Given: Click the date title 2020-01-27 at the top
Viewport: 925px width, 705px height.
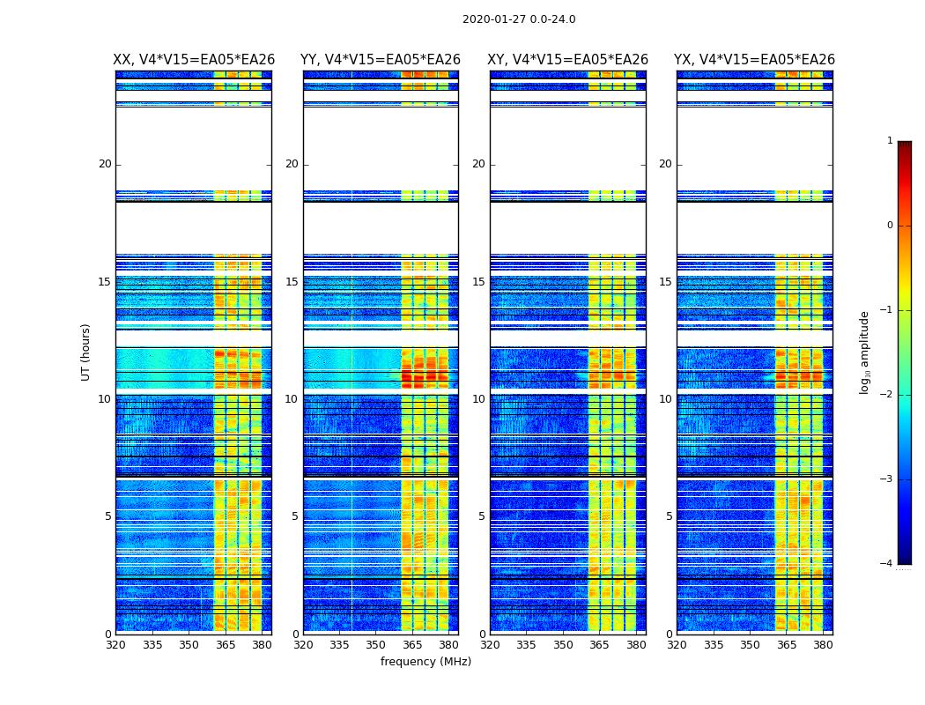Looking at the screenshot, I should click(x=519, y=19).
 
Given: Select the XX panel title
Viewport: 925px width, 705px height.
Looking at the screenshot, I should click(x=194, y=60).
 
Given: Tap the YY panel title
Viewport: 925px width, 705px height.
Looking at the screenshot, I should click(x=381, y=60).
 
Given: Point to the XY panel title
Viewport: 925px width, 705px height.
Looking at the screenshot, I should click(x=568, y=60).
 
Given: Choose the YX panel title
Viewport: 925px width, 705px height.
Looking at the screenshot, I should click(x=754, y=60).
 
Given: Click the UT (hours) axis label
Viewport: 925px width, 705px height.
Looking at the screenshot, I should click(x=86, y=352).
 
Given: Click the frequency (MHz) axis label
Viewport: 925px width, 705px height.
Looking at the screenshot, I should click(x=425, y=662).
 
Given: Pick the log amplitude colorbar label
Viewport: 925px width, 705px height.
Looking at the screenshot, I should click(x=865, y=352).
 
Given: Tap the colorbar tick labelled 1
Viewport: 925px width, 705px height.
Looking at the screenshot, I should click(x=890, y=141).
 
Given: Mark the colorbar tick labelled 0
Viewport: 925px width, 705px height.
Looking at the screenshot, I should click(x=890, y=226).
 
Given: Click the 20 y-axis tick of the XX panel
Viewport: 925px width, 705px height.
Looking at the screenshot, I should click(x=105, y=164).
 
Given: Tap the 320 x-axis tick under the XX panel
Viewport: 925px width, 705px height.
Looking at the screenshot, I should click(x=115, y=645).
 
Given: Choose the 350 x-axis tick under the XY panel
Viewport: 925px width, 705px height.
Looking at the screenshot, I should click(x=563, y=645).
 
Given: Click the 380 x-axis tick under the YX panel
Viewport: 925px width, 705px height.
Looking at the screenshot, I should click(x=823, y=645).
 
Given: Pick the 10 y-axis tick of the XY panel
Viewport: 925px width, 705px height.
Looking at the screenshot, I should click(x=478, y=399).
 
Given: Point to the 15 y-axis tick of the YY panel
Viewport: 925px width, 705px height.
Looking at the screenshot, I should click(x=292, y=282).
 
